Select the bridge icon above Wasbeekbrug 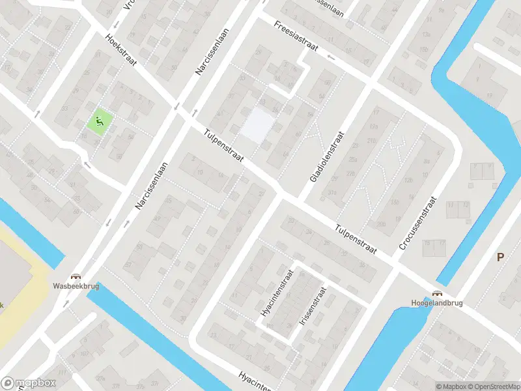[x=76, y=276]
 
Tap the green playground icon [x=99, y=120]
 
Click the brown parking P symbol [x=500, y=257]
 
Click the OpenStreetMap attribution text [x=494, y=386]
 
